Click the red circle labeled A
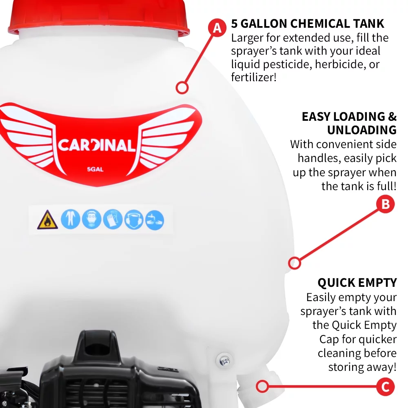pyautogui.click(x=217, y=28)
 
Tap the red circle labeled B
pyautogui.click(x=386, y=204)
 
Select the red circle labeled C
pyautogui.click(x=386, y=386)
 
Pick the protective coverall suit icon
pyautogui.click(x=70, y=220)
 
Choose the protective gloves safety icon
pyautogui.click(x=113, y=220)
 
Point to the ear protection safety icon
pyautogui.click(x=134, y=220)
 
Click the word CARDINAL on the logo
pyautogui.click(x=96, y=146)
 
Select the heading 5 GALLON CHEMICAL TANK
pyautogui.click(x=308, y=23)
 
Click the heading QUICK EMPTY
pyautogui.click(x=357, y=283)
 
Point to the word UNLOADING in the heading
pyautogui.click(x=361, y=130)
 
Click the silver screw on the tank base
pyautogui.click(x=224, y=360)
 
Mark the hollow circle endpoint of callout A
pyautogui.click(x=182, y=87)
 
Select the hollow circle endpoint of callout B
pyautogui.click(x=295, y=263)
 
